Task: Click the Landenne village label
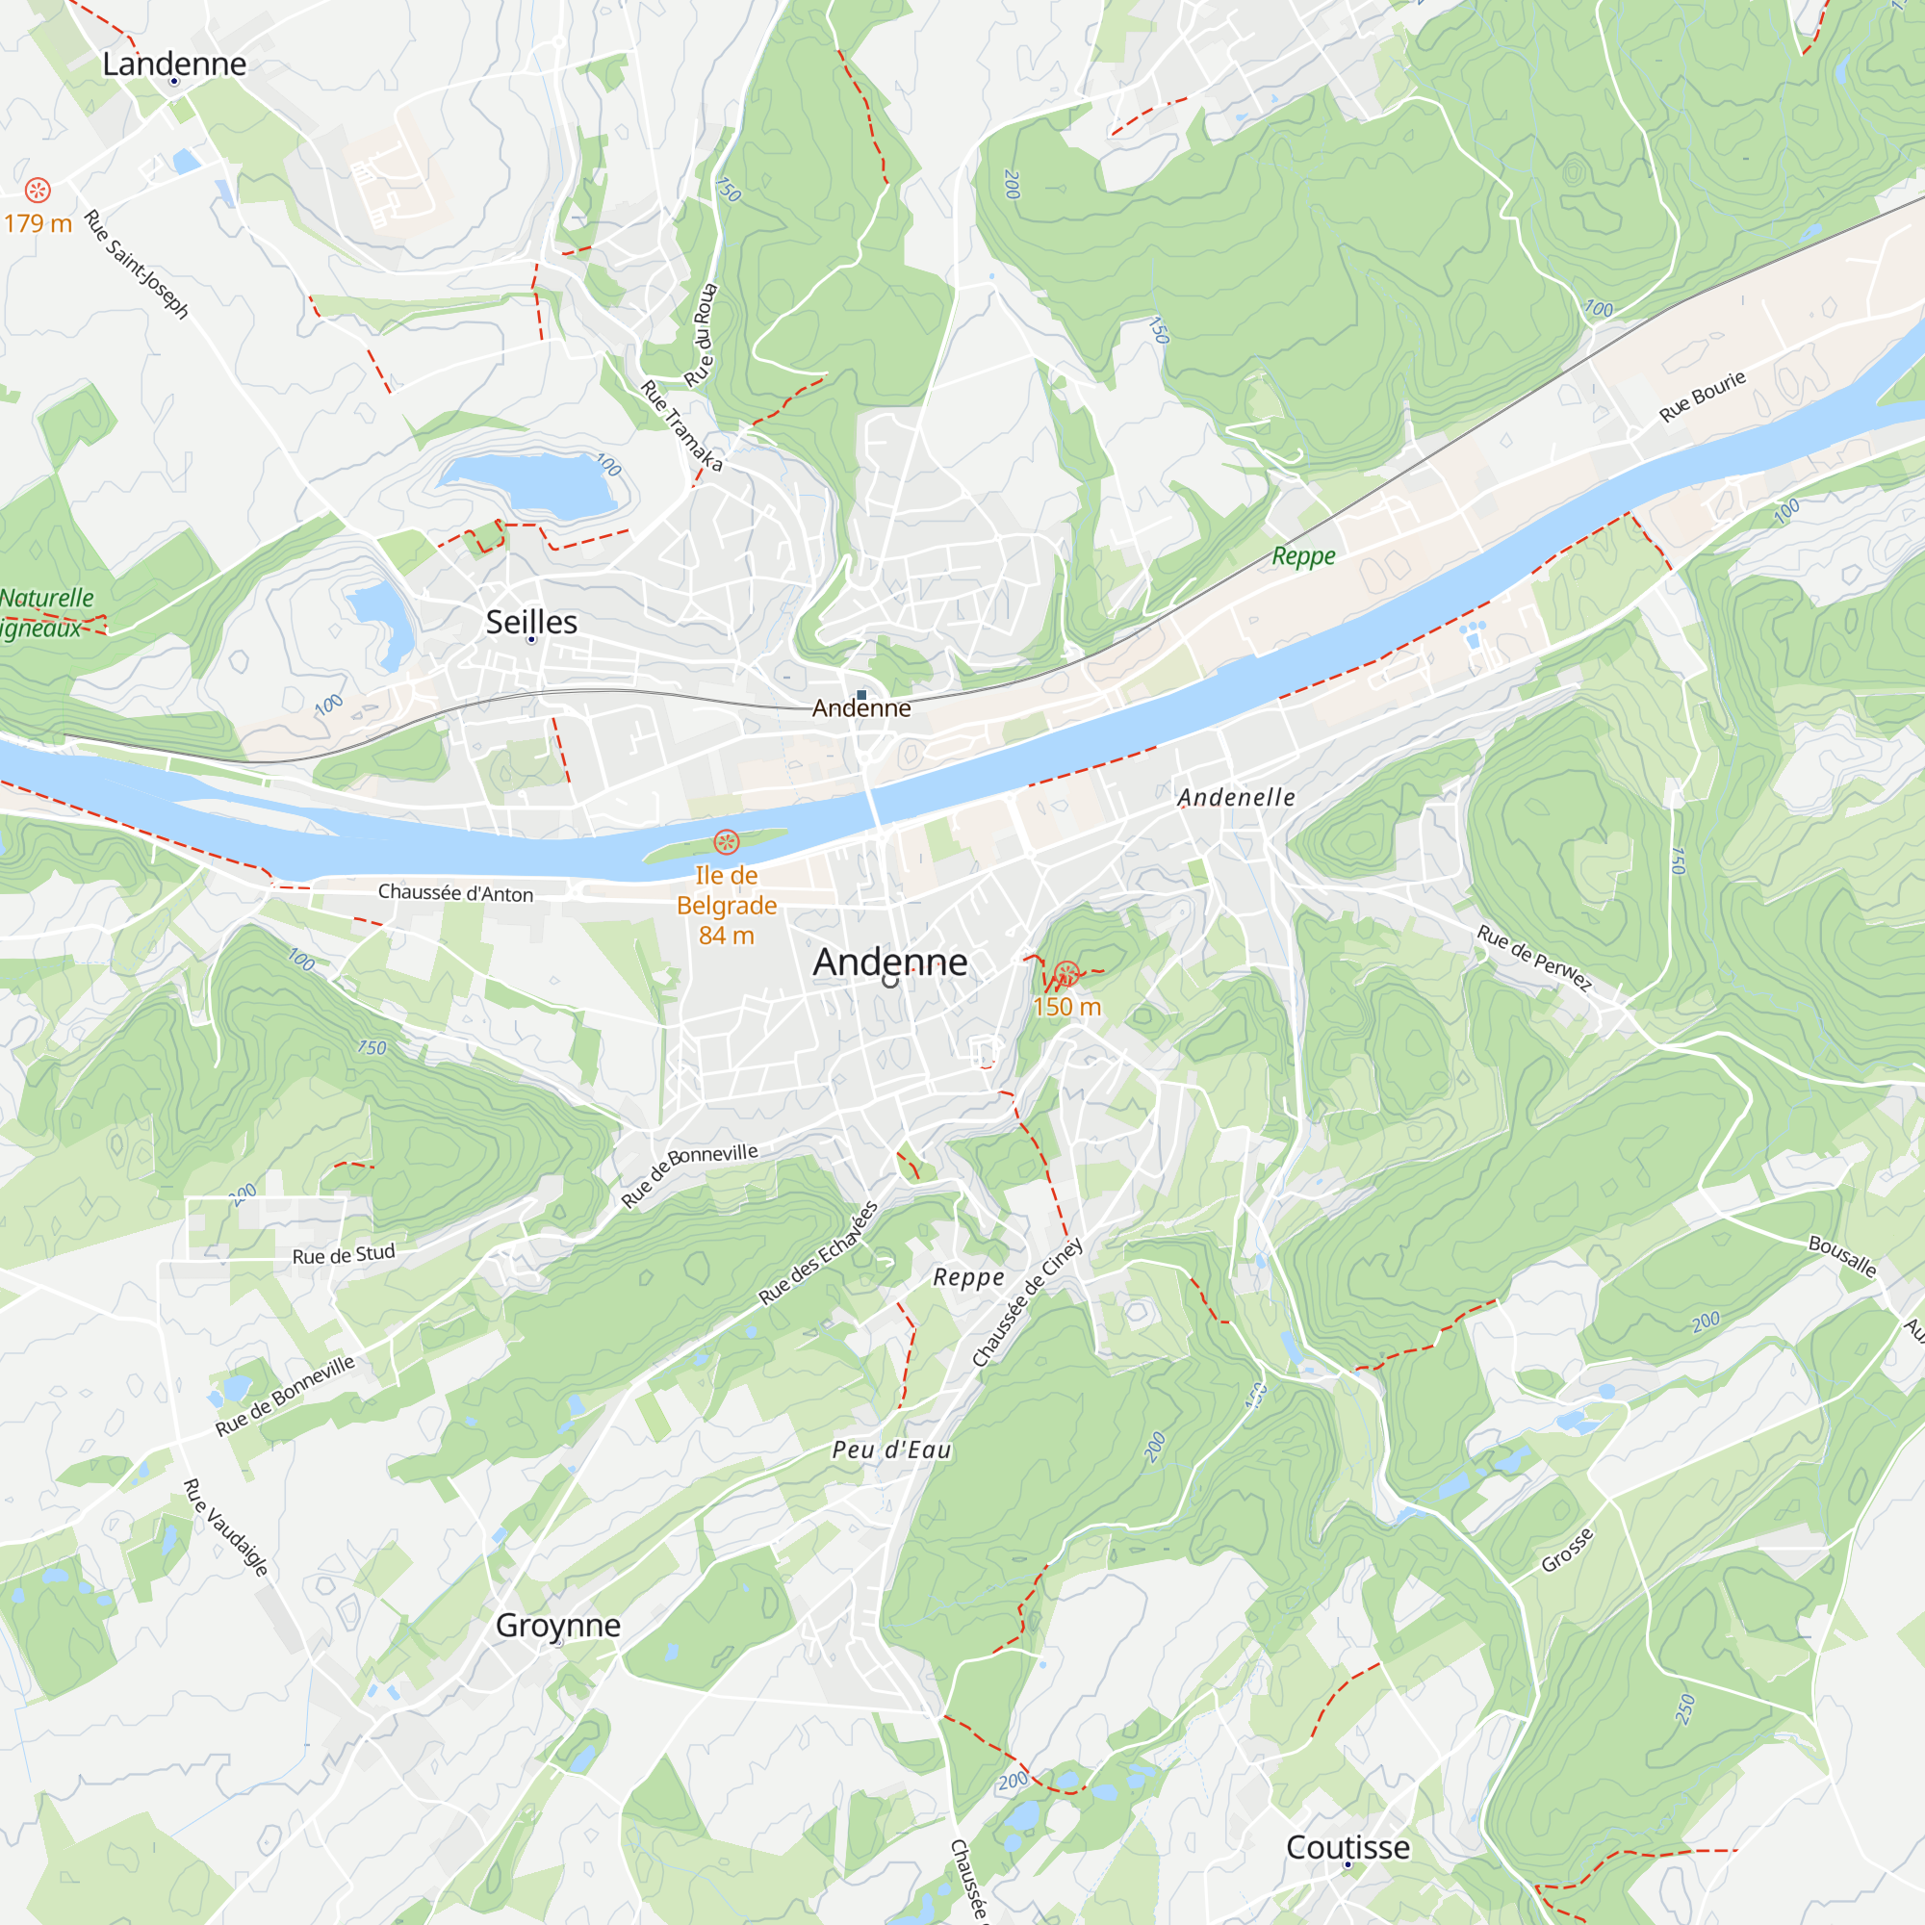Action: [x=174, y=64]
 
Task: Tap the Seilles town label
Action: [x=531, y=622]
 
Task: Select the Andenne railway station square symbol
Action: [x=861, y=695]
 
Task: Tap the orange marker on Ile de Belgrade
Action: [x=727, y=843]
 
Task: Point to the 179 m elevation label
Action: [x=38, y=223]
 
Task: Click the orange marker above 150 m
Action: [x=1066, y=973]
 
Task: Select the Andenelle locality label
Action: [x=1236, y=797]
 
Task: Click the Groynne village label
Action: [x=558, y=1625]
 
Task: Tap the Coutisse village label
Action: [x=1348, y=1846]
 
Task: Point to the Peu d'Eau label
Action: [x=892, y=1450]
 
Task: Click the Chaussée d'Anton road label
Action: [x=455, y=893]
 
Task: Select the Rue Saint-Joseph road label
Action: [x=136, y=263]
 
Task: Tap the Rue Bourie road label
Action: [x=1702, y=396]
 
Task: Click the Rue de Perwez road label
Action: [x=1534, y=958]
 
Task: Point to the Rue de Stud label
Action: [x=344, y=1254]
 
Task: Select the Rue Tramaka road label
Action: [x=681, y=425]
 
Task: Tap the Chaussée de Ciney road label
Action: [x=1027, y=1302]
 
